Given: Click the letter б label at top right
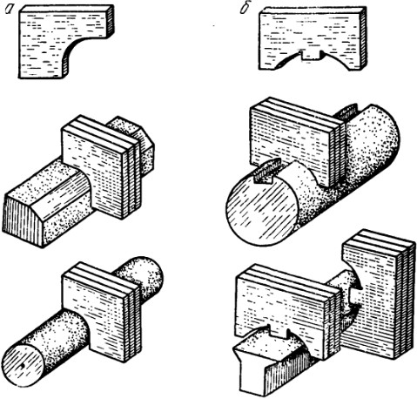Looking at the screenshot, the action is click(245, 9).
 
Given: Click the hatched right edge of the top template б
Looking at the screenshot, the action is click(363, 38).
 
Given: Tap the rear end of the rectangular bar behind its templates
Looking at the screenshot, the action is click(134, 139).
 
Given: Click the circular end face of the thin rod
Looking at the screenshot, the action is click(24, 366).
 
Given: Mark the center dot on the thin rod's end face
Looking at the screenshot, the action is click(21, 367).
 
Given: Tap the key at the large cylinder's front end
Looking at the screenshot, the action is click(265, 172).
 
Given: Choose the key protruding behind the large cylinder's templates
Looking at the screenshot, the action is click(347, 112).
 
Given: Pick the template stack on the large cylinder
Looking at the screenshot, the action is click(298, 142).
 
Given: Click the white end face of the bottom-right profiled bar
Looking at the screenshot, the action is click(251, 369).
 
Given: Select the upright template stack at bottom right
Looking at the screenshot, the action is click(377, 294).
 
